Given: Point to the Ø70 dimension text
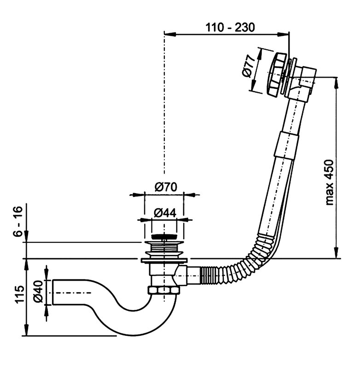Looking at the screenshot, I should pyautogui.click(x=163, y=187).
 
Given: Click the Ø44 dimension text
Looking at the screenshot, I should pyautogui.click(x=163, y=213).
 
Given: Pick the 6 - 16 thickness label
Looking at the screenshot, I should pyautogui.click(x=17, y=223).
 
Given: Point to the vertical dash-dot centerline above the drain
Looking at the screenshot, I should pyautogui.click(x=163, y=115).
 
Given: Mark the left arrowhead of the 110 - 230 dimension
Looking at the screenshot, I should pyautogui.click(x=167, y=33).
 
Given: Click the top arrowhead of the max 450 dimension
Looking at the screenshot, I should pyautogui.click(x=336, y=81).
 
